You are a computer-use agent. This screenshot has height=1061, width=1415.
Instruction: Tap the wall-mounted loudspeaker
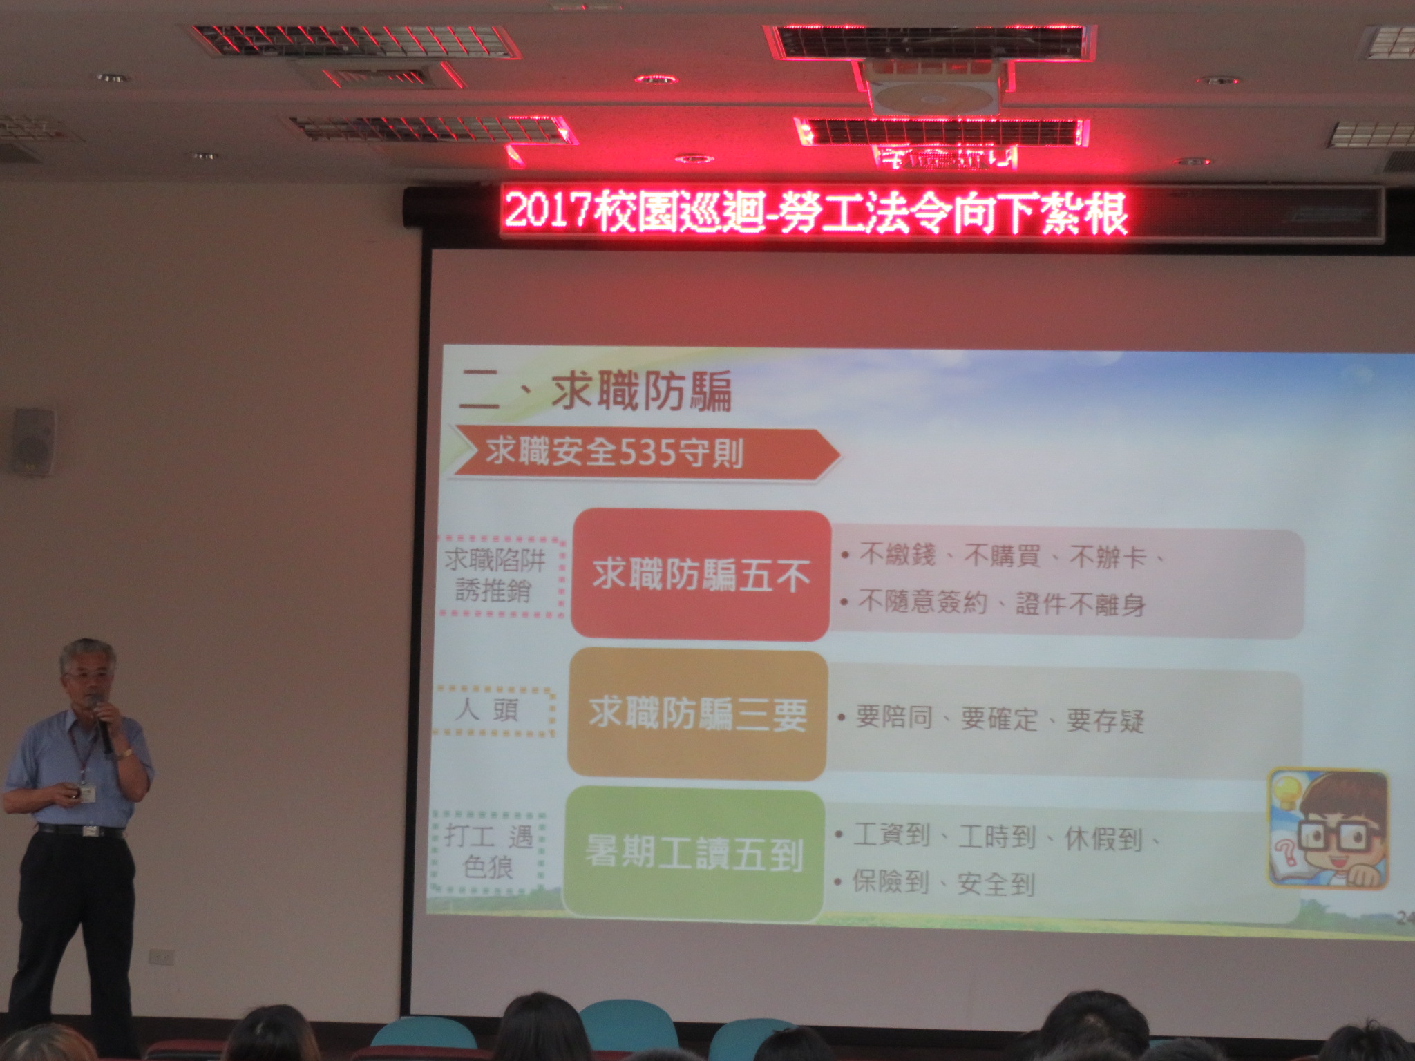[x=32, y=442]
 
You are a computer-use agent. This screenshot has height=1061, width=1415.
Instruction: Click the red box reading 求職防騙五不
[x=701, y=575]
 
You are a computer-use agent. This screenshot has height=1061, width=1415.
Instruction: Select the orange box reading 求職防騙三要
[x=697, y=715]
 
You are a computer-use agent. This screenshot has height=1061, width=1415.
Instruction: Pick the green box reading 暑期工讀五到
[x=694, y=854]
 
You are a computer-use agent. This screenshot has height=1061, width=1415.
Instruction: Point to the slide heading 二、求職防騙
[x=596, y=392]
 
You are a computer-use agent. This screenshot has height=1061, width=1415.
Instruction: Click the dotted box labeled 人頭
[x=493, y=711]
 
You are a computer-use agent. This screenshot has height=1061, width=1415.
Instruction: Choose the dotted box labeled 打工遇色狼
[x=488, y=853]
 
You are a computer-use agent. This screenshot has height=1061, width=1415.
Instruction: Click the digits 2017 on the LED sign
[x=547, y=213]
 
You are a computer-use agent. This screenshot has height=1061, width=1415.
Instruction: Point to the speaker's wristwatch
[x=124, y=754]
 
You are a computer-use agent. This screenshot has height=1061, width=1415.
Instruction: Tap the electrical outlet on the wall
[x=162, y=957]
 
